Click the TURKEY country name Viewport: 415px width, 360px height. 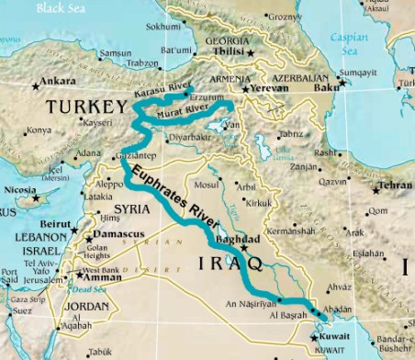(x=84, y=107)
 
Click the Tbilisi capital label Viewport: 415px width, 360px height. (x=225, y=52)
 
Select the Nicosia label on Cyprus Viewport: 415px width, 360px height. (x=19, y=192)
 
